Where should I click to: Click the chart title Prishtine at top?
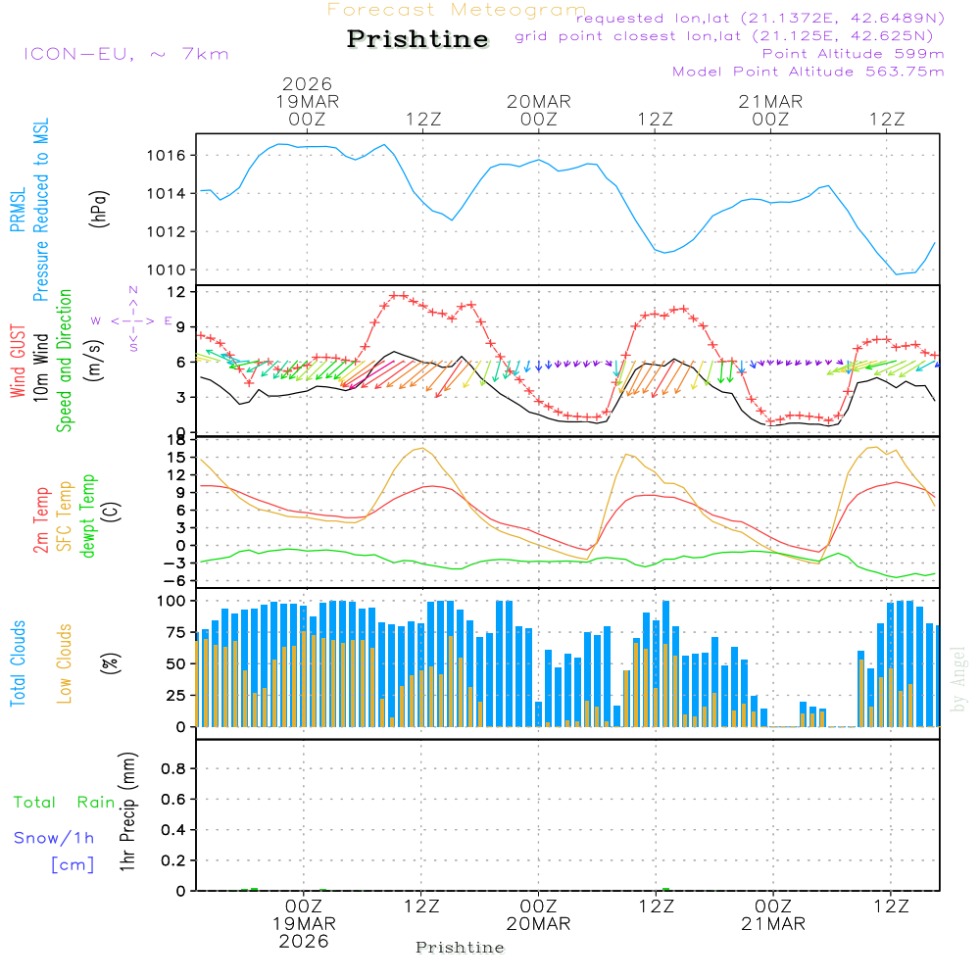click(x=417, y=39)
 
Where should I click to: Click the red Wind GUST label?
click(x=18, y=362)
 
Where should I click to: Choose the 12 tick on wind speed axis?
click(x=179, y=292)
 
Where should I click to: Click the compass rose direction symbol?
click(x=132, y=320)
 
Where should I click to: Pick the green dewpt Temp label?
click(x=89, y=517)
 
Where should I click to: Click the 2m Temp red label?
click(x=41, y=517)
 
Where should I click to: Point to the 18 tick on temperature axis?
click(x=179, y=439)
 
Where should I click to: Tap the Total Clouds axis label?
click(x=18, y=663)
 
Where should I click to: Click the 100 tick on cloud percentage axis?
click(x=173, y=600)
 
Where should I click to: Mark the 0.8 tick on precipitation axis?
click(x=173, y=769)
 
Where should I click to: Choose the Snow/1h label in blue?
click(x=54, y=838)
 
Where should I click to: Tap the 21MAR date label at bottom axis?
click(x=771, y=924)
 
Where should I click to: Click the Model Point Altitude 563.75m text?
click(x=808, y=72)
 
